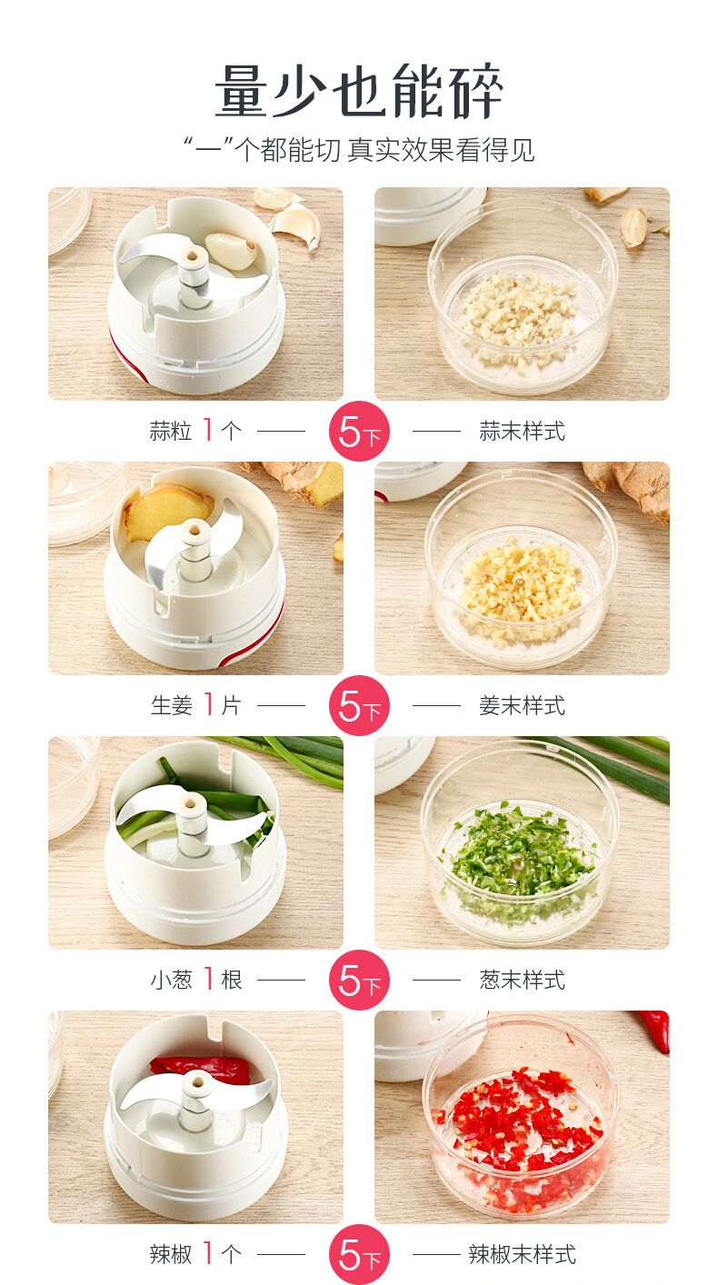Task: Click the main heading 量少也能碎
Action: pos(359,91)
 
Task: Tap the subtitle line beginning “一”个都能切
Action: pos(359,150)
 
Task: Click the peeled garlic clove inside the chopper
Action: pos(231,251)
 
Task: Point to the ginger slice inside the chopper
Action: pos(166,513)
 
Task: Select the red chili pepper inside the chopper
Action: pos(201,1070)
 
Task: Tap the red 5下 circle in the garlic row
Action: pos(359,431)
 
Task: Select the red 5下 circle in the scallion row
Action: pos(359,980)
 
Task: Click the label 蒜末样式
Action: pos(523,431)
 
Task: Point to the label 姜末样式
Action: pos(523,705)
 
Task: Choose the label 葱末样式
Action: pos(523,980)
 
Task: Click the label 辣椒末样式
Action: pos(523,1254)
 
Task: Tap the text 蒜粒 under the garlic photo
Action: pos(171,431)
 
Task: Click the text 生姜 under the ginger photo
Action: pos(172,705)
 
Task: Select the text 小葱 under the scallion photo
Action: pos(171,980)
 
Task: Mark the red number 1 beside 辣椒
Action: pos(209,1253)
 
